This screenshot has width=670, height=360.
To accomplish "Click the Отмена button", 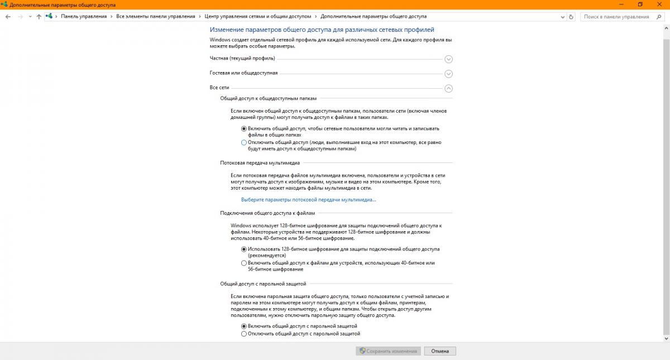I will click(440, 351).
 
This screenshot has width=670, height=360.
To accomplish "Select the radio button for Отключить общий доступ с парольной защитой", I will click(243, 334).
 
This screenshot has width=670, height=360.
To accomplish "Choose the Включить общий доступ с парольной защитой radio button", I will click(243, 326).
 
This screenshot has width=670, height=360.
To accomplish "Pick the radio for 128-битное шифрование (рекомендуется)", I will click(243, 249).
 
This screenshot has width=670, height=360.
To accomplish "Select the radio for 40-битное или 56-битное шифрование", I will click(243, 263).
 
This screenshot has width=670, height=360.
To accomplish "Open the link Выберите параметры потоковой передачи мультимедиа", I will click(308, 199).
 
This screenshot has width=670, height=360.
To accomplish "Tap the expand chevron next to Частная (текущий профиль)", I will click(448, 59).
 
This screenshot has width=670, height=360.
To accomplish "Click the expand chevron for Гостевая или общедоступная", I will click(448, 74).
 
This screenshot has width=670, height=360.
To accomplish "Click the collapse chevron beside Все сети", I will click(448, 88).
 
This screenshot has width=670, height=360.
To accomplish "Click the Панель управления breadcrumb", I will click(84, 17).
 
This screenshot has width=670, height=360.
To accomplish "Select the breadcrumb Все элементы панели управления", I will click(155, 17).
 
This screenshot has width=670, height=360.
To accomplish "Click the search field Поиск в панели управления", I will click(616, 17).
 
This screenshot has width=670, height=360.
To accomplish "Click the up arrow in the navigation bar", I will click(39, 17).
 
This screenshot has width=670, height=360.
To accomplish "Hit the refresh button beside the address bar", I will click(571, 17).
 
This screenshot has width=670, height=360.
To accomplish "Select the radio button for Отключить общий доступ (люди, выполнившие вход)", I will click(243, 142).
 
